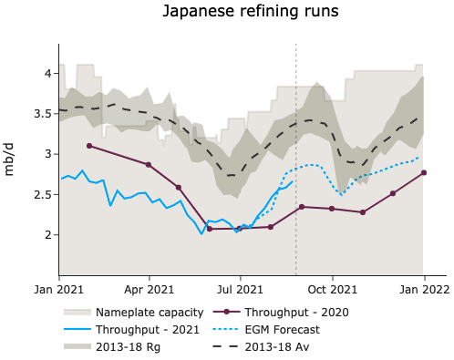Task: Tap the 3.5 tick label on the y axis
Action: (x=39, y=113)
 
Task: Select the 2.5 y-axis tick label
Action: (x=39, y=194)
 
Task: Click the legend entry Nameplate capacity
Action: (x=138, y=312)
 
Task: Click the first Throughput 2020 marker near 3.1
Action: (x=88, y=146)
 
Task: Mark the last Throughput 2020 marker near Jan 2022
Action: (x=424, y=172)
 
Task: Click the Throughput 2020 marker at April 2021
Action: (x=149, y=165)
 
